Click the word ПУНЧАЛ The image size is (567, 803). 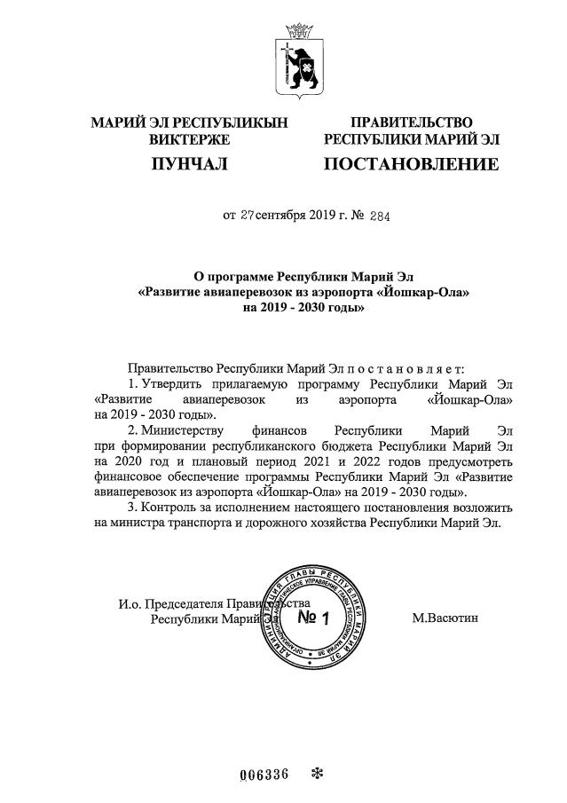click(x=190, y=164)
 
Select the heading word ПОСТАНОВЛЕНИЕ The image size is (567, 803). click(x=411, y=164)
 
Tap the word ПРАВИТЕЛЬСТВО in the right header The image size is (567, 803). click(x=411, y=122)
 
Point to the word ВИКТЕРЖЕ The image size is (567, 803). click(x=190, y=139)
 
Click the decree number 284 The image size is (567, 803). click(x=379, y=215)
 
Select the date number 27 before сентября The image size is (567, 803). click(x=248, y=215)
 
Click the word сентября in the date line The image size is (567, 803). click(x=281, y=215)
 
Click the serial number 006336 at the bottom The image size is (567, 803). click(x=264, y=773)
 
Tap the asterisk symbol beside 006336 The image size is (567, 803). click(x=317, y=773)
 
